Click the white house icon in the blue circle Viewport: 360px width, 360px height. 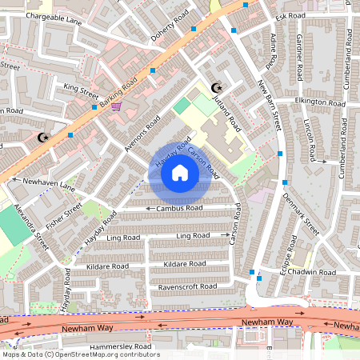(180, 172)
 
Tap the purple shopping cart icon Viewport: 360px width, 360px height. (118, 105)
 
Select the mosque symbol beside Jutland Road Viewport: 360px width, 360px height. (214, 87)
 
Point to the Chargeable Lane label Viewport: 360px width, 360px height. (54, 16)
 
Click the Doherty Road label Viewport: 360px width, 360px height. (170, 27)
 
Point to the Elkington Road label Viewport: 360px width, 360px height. (320, 102)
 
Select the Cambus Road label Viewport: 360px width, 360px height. (179, 208)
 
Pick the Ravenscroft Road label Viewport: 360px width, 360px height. (187, 286)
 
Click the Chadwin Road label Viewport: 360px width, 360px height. (315, 272)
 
